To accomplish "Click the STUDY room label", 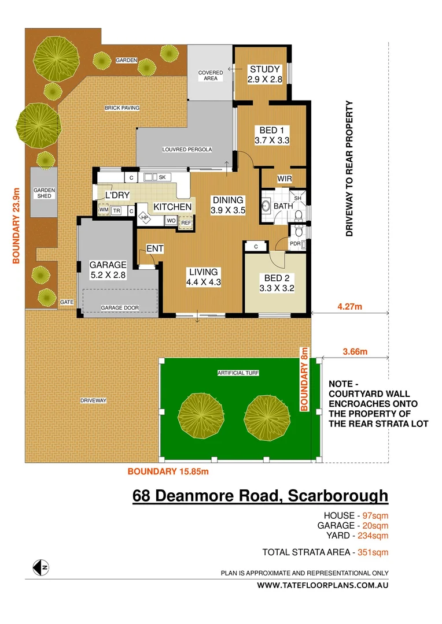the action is click(x=265, y=69).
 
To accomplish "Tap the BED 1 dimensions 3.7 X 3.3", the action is click(x=272, y=140).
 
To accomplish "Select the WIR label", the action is click(x=284, y=179).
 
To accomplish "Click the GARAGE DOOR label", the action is click(x=120, y=308).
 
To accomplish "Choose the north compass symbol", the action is click(x=40, y=567).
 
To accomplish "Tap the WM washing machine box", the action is click(x=104, y=210).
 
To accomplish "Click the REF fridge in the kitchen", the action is click(x=186, y=222).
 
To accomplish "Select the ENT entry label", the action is click(x=154, y=249).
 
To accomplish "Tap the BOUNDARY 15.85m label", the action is click(x=168, y=471).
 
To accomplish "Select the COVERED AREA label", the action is click(x=211, y=76).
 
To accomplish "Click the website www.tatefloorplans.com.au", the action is click(x=323, y=585).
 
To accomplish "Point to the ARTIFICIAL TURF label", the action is click(x=238, y=373).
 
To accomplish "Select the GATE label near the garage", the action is click(x=67, y=302).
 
